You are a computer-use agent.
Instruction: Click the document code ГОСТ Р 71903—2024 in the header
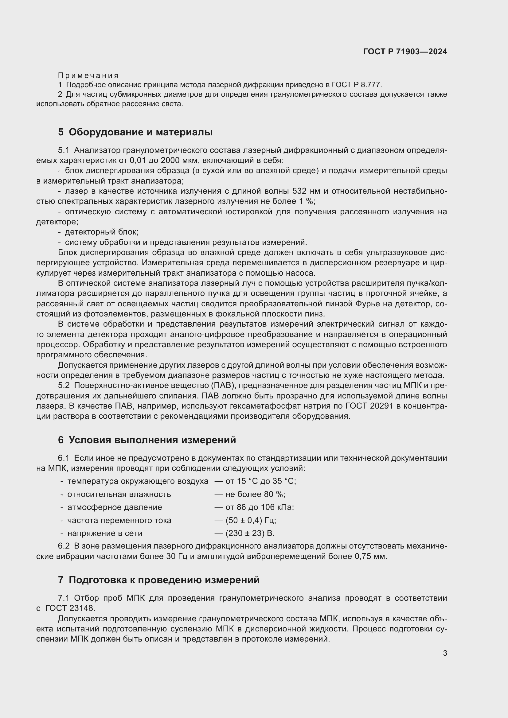(x=405, y=52)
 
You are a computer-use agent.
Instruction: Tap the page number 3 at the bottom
(x=445, y=653)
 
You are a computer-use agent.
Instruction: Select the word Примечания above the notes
(x=88, y=76)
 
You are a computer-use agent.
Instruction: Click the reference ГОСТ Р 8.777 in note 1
(x=356, y=85)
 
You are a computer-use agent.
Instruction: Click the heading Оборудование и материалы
(x=140, y=132)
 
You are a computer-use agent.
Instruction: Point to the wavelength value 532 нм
(x=306, y=191)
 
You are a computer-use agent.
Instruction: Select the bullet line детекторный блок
(x=101, y=232)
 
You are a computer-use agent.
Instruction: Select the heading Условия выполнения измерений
(x=152, y=440)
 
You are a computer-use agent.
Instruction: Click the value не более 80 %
(x=255, y=495)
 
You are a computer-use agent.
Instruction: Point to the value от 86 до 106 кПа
(x=259, y=507)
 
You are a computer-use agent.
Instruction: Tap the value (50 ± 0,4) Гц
(x=251, y=520)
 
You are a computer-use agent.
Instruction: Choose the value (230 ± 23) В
(x=250, y=533)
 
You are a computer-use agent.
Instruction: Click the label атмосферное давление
(x=115, y=507)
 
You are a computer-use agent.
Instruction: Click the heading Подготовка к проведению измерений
(x=164, y=580)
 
